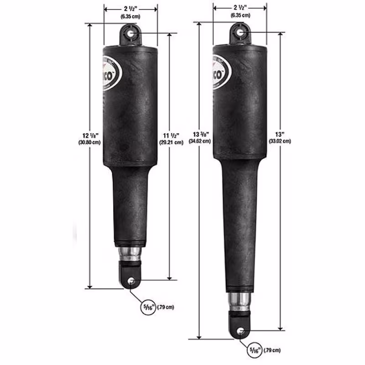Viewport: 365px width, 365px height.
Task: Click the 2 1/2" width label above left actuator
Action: [x=130, y=8]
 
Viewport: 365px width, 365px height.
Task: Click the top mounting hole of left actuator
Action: [x=131, y=33]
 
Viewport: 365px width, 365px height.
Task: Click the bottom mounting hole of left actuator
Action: [x=131, y=281]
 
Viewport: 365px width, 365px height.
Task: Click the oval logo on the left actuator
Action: [x=111, y=73]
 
